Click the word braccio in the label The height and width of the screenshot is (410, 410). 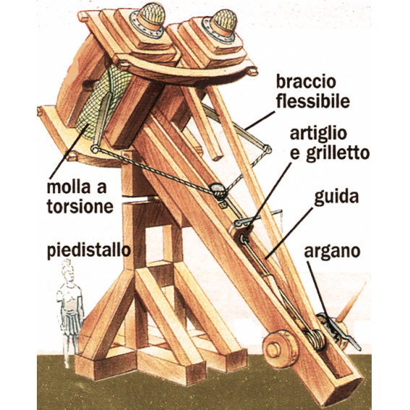coord(306,82)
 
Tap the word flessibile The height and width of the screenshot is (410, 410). coord(313,101)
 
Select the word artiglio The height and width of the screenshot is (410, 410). coord(318,134)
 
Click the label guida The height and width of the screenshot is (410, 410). coord(336,197)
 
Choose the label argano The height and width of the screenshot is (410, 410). coord(332,252)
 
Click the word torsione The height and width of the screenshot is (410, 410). coord(80,207)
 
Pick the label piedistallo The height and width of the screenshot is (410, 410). coord(89,249)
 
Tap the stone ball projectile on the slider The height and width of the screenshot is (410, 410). coord(218,190)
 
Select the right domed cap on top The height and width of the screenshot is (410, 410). coord(223,22)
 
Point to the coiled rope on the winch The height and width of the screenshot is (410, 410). coord(316,339)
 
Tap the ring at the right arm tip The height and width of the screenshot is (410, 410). coord(268,149)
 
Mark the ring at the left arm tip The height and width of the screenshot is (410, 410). coord(95,149)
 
